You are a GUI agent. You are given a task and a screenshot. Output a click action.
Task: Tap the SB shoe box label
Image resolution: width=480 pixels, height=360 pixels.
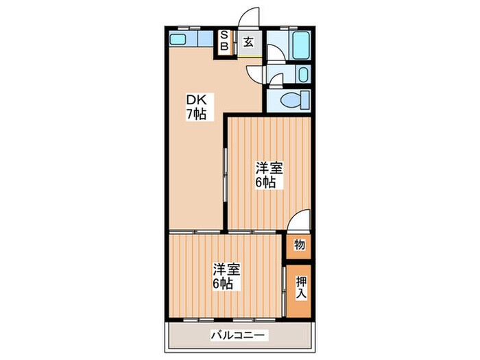point(224,42)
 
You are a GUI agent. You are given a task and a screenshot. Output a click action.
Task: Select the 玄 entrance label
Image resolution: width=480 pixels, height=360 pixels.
point(248,41)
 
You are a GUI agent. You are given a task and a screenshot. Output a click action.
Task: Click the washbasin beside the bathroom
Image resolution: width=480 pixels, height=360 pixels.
point(304,75)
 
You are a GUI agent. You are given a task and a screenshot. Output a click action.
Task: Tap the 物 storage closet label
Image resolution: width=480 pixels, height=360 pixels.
point(300,245)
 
